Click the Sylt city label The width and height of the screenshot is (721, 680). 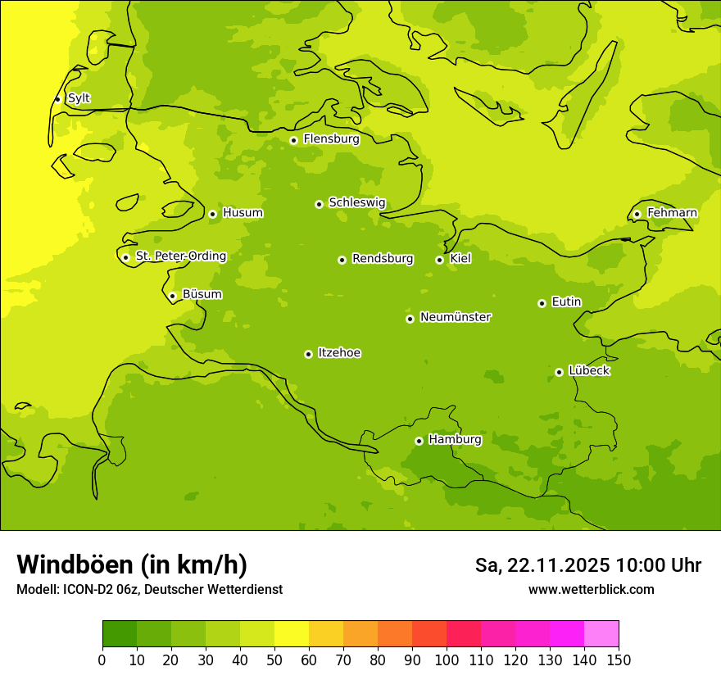[79, 98]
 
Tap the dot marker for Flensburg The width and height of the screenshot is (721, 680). [293, 140]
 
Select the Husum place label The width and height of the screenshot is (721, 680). [243, 213]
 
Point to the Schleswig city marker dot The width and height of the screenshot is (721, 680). [319, 204]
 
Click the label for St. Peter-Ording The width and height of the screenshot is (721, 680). [181, 256]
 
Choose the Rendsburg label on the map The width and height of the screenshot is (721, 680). [383, 259]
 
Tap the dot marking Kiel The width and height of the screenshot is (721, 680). [439, 260]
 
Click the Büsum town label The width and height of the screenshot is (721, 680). [202, 294]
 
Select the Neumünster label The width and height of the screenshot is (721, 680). [456, 317]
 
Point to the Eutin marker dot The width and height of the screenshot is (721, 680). [542, 303]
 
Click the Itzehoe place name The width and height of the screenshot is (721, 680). [339, 353]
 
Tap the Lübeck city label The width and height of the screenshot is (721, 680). [589, 371]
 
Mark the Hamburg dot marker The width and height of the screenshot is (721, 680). [419, 441]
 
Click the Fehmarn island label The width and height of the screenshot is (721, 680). [672, 213]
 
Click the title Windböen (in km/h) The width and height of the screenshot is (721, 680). [131, 564]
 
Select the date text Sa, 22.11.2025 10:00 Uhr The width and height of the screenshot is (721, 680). [587, 565]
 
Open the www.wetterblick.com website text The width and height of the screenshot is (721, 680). [591, 589]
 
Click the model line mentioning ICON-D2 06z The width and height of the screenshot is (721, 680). [149, 589]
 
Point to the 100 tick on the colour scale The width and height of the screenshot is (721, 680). [447, 660]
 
